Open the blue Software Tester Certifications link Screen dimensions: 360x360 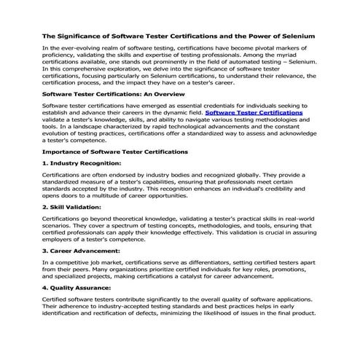tap(253, 113)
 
